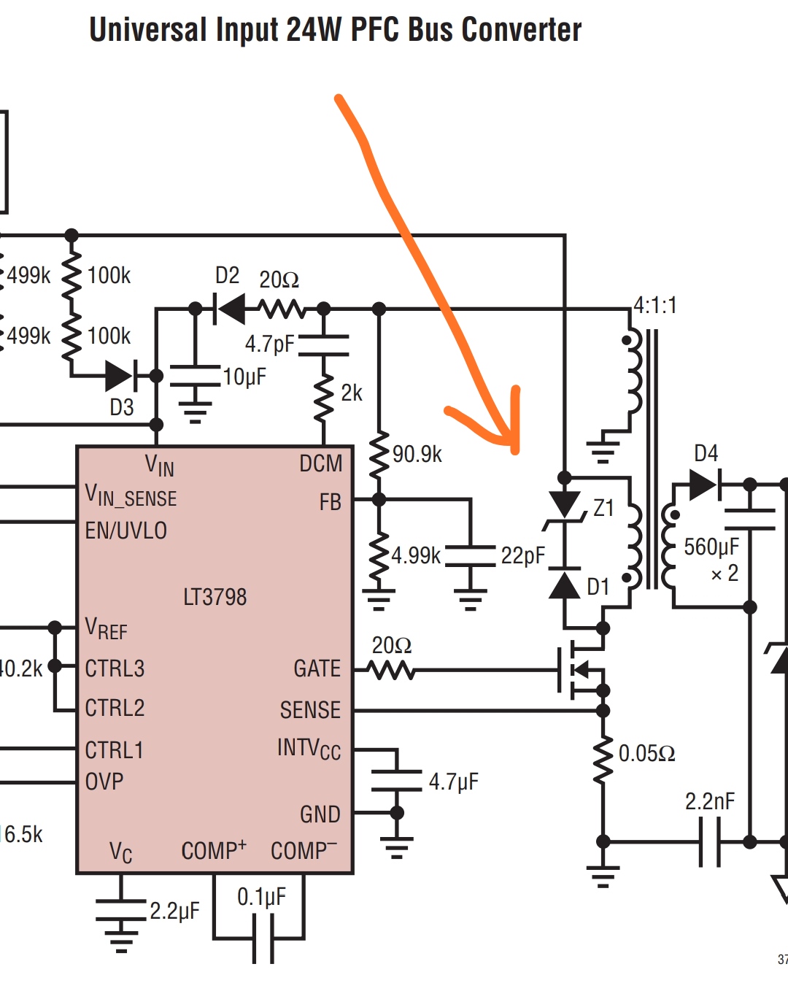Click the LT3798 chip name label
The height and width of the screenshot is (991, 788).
215,597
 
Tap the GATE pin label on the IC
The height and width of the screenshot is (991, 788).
317,668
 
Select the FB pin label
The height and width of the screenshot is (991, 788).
330,502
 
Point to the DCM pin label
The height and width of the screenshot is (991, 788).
320,463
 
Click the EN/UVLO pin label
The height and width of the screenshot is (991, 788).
126,531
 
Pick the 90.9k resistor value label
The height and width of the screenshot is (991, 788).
417,455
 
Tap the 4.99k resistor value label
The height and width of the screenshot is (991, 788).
416,555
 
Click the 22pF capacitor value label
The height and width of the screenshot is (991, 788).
522,556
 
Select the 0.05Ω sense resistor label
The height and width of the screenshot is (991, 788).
646,753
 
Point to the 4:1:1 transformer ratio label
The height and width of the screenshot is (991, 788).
654,305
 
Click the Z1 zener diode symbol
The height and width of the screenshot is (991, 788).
564,506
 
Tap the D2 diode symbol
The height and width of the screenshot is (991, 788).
231,309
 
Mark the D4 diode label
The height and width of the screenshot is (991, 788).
706,453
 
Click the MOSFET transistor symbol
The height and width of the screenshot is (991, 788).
581,668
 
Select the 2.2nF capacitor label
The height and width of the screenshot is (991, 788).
709,801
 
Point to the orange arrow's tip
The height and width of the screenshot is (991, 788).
515,449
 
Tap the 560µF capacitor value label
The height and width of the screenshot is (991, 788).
711,547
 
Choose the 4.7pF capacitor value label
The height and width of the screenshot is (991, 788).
269,344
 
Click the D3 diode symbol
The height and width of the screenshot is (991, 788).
120,376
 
